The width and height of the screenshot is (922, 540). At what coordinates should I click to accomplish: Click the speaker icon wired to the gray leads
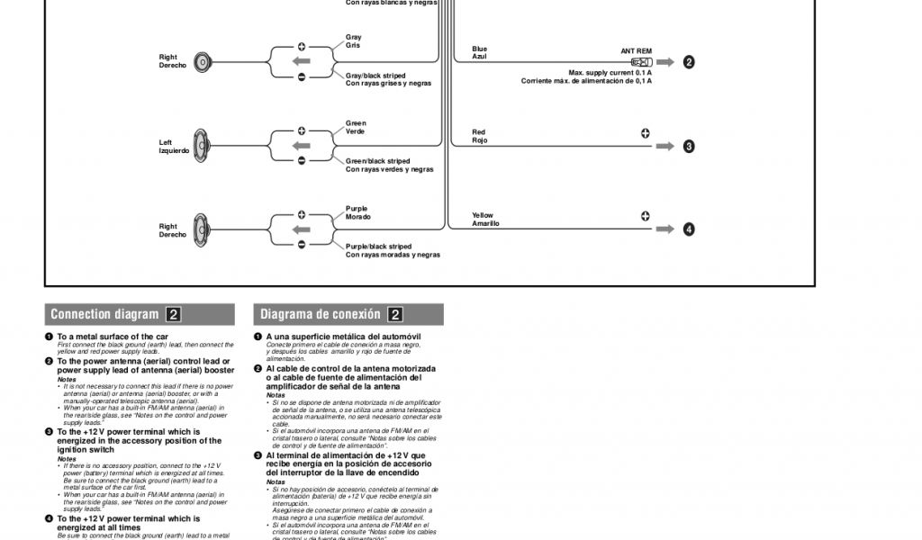point(203,61)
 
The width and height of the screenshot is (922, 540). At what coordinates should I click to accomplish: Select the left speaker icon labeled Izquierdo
point(203,146)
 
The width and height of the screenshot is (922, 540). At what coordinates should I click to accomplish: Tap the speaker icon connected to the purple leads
point(203,230)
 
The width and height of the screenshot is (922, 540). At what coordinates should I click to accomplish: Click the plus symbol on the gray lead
point(302,47)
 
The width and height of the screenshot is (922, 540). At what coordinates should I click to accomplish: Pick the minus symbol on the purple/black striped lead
point(302,245)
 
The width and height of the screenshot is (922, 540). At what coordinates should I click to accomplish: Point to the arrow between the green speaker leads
point(302,146)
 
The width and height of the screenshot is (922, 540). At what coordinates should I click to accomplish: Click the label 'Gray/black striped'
point(375,76)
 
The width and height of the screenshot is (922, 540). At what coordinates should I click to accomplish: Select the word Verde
point(356,131)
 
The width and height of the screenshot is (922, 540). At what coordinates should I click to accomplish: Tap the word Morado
point(358,217)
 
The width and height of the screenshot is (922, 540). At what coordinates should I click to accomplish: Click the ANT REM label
point(636,51)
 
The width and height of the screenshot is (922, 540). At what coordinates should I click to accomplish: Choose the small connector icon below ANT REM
point(640,62)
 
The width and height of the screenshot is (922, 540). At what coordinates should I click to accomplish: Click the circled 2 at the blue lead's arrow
point(689,62)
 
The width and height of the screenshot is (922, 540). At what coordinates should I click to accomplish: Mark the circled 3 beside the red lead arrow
point(689,146)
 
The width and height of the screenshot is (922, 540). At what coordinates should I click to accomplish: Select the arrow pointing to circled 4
point(664,229)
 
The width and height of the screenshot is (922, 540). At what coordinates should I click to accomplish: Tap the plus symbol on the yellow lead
point(646,216)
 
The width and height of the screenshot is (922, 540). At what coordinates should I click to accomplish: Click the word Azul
point(480,57)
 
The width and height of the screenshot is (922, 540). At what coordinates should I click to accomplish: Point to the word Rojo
point(480,140)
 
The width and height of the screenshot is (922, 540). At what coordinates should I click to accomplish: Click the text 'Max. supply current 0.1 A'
point(610,73)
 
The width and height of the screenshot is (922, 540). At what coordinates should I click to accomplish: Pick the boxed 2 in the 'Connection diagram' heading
point(174,315)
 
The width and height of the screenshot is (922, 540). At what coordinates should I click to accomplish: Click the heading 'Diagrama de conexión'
point(321,315)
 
